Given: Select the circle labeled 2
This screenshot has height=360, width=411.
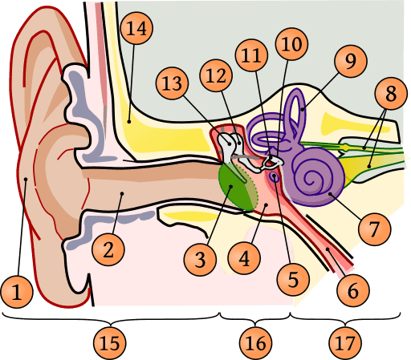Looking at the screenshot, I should (108, 249).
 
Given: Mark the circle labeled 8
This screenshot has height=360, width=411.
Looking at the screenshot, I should (391, 95).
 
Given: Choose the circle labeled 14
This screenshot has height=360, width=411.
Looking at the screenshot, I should (136, 31).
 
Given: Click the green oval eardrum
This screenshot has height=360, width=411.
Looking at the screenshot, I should (235, 187).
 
